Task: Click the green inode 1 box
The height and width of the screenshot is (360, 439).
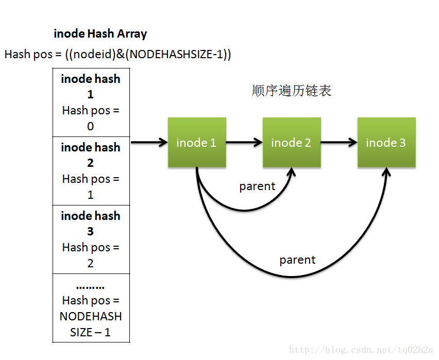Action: coord(196,142)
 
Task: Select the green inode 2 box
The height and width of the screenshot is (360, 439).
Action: coord(291,142)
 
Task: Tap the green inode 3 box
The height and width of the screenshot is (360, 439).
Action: coord(386,142)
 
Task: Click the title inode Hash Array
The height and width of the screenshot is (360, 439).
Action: coord(100,34)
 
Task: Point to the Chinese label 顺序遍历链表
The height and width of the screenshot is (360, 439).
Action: coord(292,91)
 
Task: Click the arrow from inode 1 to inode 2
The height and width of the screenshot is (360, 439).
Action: coord(244,142)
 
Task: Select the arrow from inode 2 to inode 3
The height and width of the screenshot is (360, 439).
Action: coord(339,142)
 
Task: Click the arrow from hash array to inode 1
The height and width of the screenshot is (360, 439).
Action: coord(149,142)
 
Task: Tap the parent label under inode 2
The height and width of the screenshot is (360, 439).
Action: coord(257,186)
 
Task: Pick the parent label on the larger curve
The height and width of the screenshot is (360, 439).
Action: coord(297,260)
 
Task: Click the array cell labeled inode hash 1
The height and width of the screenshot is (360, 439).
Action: coord(91,102)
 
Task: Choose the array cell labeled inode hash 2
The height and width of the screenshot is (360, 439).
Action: coord(91,171)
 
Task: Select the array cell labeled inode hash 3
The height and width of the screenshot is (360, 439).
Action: coord(91,239)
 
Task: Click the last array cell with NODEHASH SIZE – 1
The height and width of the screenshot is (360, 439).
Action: coord(91,308)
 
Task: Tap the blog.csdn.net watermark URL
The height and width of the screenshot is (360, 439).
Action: coord(361,350)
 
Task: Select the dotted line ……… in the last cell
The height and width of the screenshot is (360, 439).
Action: coord(90,286)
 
